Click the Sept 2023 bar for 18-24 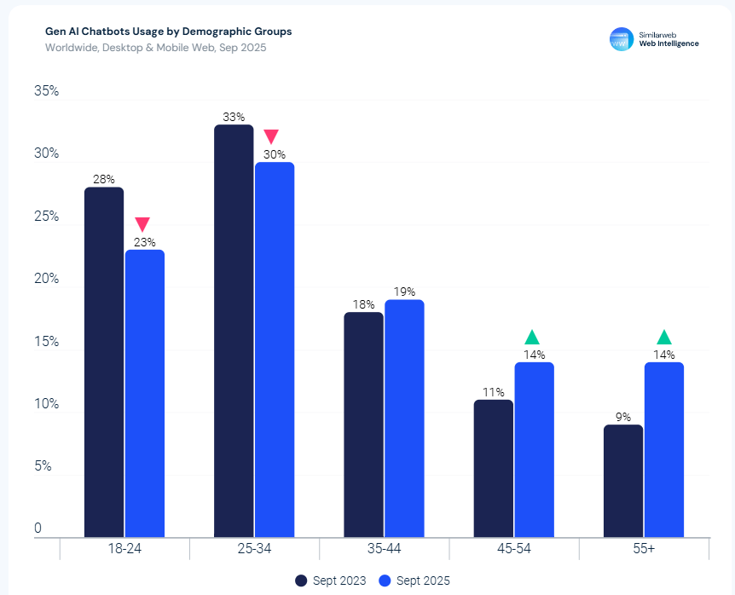click(104, 362)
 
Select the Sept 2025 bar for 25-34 click(275, 349)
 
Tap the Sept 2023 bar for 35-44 click(363, 425)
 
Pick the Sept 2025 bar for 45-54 click(534, 449)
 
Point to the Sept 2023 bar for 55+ click(622, 481)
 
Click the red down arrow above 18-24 click(142, 224)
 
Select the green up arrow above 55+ click(664, 337)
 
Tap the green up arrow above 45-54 click(532, 337)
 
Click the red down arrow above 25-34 click(271, 136)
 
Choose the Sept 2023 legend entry click(331, 581)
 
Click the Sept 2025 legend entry click(414, 581)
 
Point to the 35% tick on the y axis click(46, 91)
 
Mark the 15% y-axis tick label click(46, 342)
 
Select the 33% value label click(234, 117)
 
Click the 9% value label click(622, 417)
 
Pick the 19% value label click(404, 292)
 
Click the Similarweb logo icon click(621, 38)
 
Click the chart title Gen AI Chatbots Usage click(168, 32)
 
